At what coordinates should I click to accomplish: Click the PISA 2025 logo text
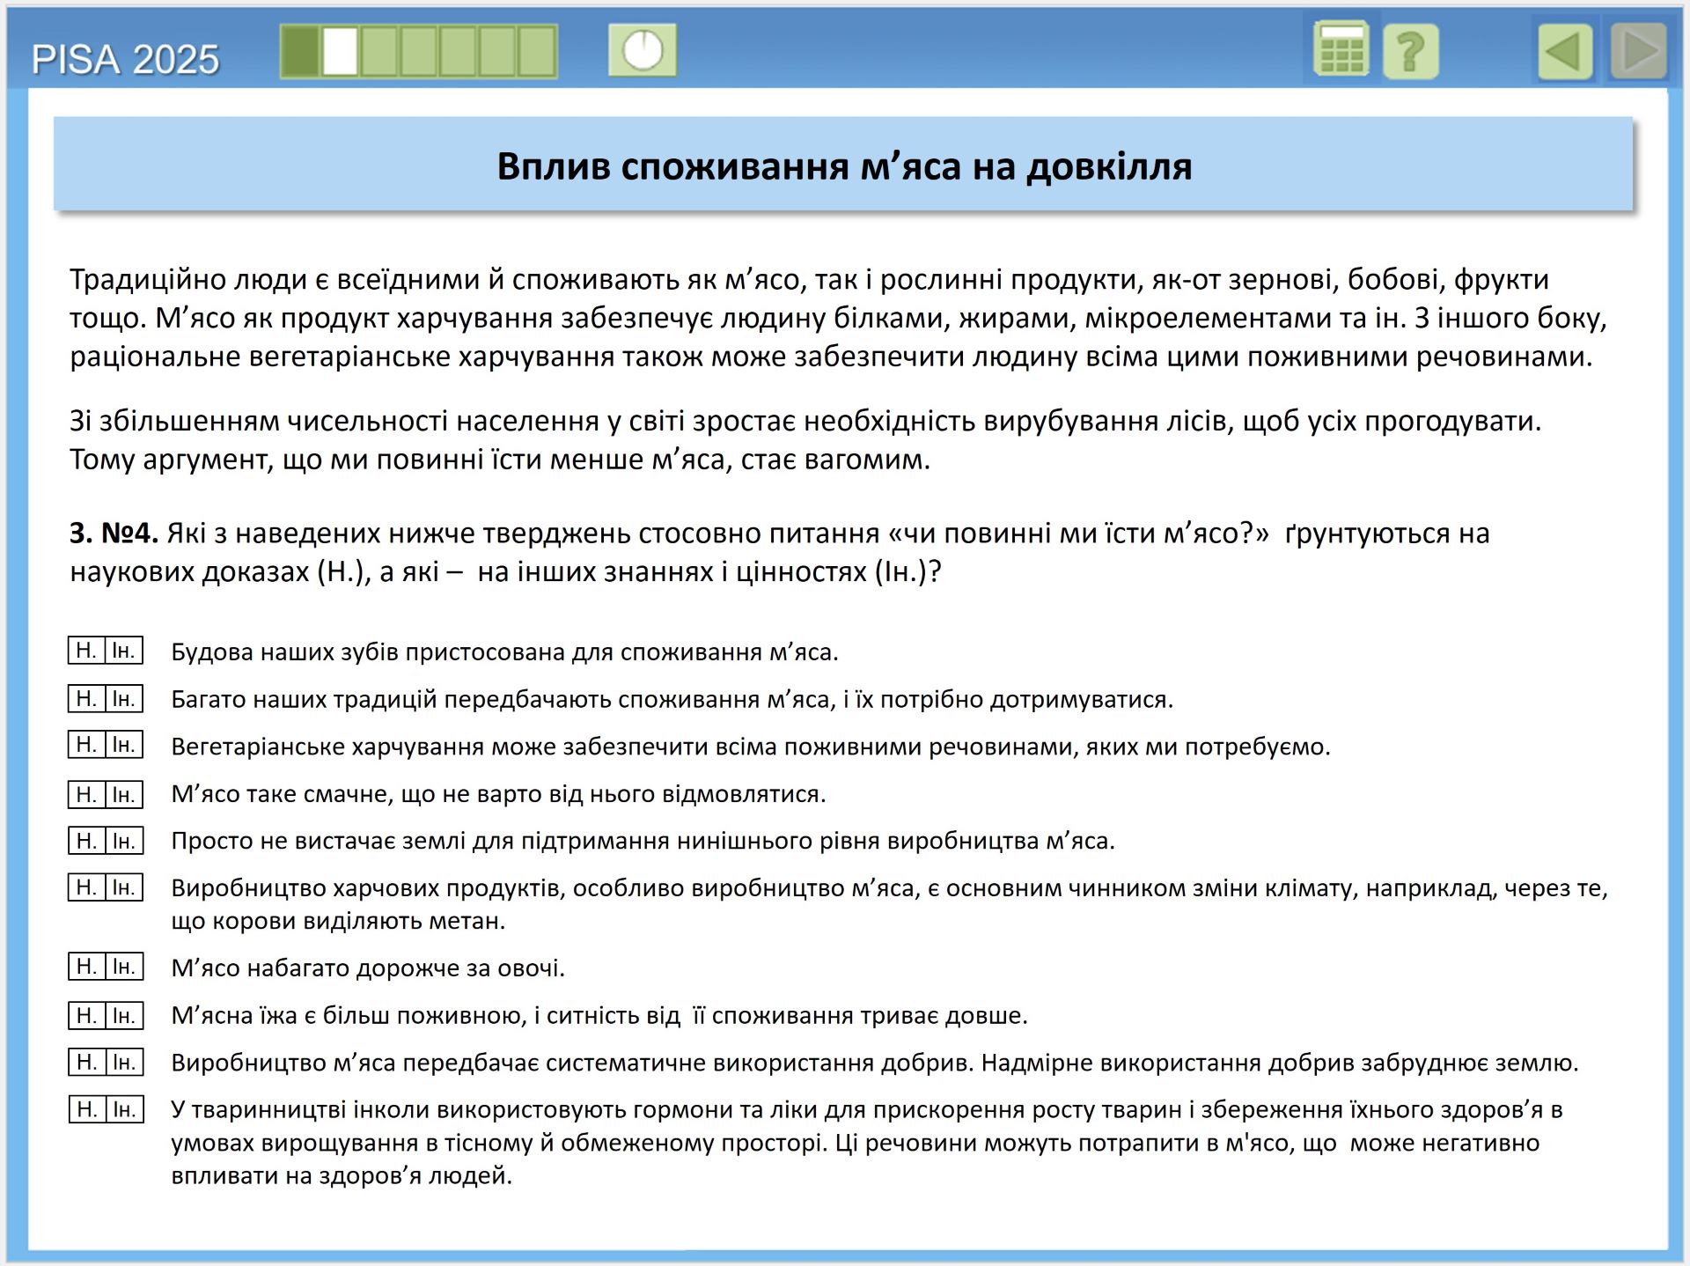(x=125, y=60)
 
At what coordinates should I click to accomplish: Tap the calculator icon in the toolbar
(x=1341, y=50)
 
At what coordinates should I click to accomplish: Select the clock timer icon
(x=643, y=50)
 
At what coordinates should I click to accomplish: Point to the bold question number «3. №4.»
(x=114, y=534)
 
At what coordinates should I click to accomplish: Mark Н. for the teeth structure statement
(x=86, y=651)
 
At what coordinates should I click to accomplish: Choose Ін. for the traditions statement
(x=124, y=699)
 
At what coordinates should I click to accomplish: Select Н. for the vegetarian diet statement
(x=86, y=745)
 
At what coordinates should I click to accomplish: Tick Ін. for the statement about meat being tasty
(x=124, y=794)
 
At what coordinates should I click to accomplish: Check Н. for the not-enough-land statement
(x=86, y=841)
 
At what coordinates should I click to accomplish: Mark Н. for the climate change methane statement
(x=86, y=887)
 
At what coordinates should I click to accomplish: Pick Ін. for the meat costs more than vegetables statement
(x=124, y=967)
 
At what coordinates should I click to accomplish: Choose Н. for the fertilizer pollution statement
(x=86, y=1062)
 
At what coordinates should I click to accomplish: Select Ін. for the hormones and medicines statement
(x=124, y=1109)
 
